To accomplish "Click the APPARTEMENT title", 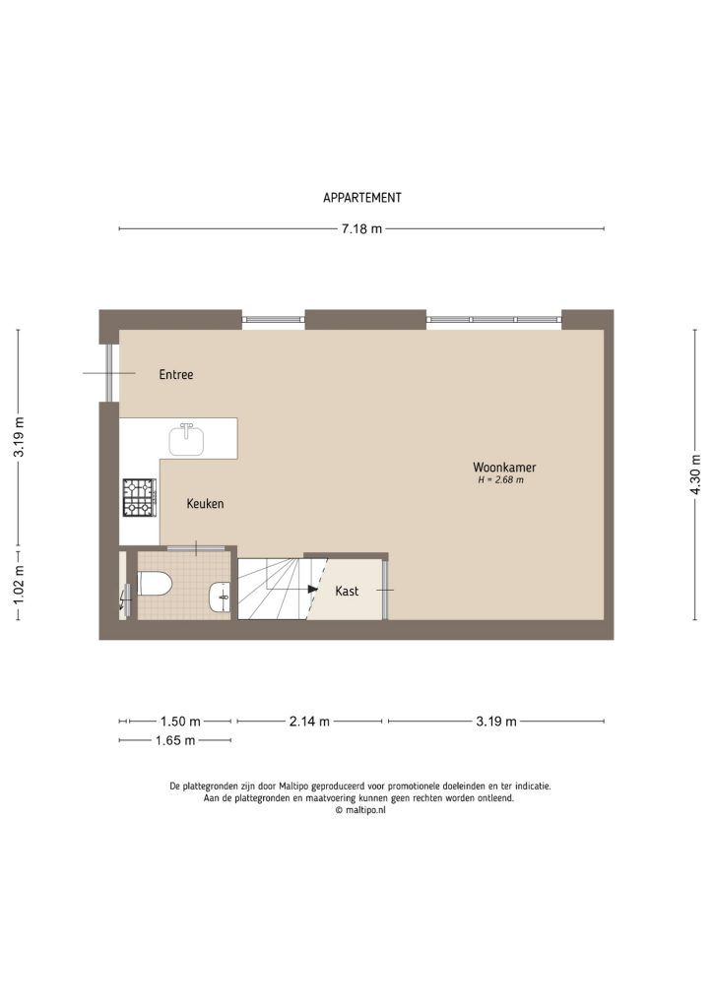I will (361, 198).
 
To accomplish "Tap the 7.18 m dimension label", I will (361, 229).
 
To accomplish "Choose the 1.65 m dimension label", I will (175, 740).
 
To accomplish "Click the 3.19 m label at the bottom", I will (496, 722).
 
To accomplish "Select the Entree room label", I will (176, 375).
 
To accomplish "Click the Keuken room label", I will (206, 504).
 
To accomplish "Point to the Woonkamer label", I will (504, 468).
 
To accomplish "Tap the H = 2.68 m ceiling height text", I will (500, 481).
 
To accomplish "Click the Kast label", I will (347, 592).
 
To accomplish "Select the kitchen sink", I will (186, 438).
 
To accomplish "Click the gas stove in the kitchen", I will (139, 497).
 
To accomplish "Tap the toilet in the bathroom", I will (155, 585).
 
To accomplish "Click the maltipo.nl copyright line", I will (360, 810).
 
